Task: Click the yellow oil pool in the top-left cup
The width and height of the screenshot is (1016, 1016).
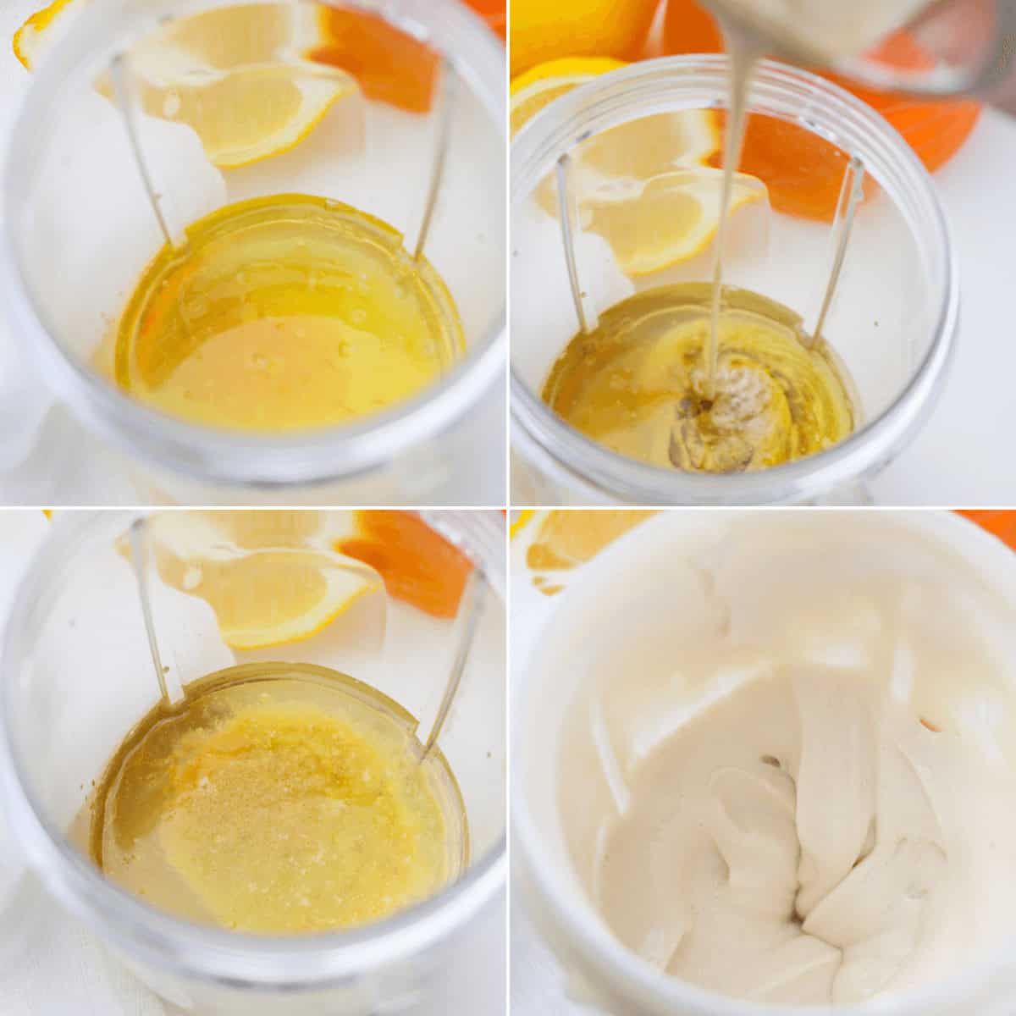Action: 288,330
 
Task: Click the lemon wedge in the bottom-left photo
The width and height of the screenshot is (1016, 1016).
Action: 254,584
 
